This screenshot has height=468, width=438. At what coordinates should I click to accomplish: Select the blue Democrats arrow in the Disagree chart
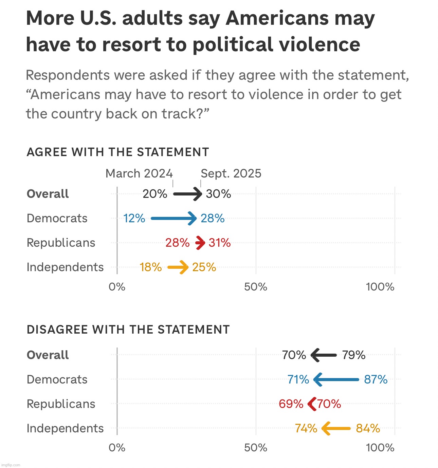[336, 379]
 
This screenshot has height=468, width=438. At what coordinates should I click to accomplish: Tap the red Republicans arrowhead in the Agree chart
[200, 243]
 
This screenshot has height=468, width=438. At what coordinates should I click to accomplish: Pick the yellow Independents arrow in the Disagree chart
[336, 428]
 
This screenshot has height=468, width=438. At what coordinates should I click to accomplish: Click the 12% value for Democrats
[134, 219]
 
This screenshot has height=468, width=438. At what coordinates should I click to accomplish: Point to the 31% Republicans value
[220, 243]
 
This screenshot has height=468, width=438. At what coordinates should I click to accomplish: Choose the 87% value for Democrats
[376, 379]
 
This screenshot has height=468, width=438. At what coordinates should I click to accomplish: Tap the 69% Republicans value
[291, 404]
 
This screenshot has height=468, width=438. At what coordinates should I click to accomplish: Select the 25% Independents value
[204, 267]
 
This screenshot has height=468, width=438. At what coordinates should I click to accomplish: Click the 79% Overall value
[354, 355]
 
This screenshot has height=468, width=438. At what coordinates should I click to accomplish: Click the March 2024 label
[139, 173]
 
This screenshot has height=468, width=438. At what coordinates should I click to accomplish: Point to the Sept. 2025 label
[231, 173]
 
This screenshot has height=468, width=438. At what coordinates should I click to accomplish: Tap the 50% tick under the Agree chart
[256, 287]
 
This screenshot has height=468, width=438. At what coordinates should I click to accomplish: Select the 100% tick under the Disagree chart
[380, 448]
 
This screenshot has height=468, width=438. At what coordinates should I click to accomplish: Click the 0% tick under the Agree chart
[117, 287]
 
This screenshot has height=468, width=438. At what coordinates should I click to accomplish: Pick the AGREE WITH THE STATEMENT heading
[117, 152]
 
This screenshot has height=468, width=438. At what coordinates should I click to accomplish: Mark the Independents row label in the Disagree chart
[65, 428]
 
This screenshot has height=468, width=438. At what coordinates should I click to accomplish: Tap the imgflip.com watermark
[11, 465]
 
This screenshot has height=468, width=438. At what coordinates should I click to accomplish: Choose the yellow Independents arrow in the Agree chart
[178, 267]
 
